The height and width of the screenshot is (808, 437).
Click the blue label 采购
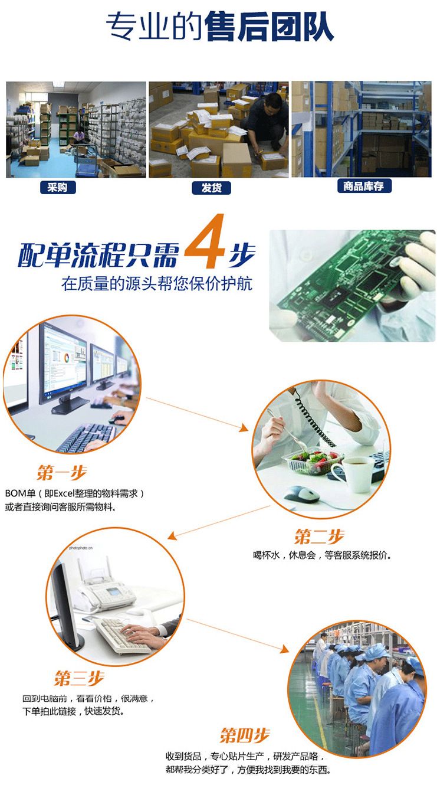pos(58,187)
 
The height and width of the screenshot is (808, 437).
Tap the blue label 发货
pos(211,188)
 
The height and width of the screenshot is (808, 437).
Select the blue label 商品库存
pos(364,186)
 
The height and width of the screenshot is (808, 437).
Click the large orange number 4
pos(205,241)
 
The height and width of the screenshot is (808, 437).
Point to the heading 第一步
pos(62,472)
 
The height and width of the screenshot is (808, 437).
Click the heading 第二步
pos(320,537)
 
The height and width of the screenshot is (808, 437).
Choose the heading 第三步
pos(80,678)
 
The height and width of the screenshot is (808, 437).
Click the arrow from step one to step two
pos(197,414)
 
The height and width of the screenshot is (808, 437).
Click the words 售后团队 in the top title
pos(269,27)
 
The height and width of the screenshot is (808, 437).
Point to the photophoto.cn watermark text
pos(81,548)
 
